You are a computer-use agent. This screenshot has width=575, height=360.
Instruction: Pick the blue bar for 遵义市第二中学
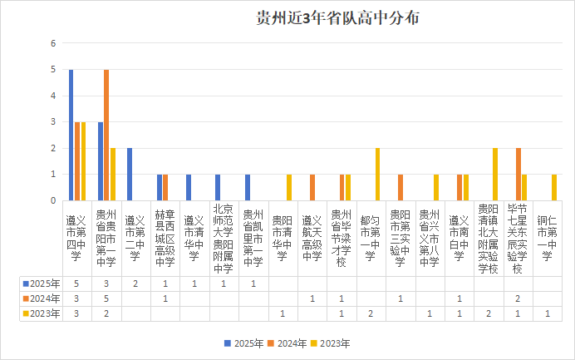[130, 174]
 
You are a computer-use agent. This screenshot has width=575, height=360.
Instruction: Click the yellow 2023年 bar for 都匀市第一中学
[377, 174]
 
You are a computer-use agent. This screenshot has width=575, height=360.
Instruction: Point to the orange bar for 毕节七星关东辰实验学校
[518, 174]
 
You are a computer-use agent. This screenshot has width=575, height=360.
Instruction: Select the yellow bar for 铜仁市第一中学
[554, 187]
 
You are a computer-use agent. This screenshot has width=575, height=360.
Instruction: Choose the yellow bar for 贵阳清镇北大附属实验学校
[495, 174]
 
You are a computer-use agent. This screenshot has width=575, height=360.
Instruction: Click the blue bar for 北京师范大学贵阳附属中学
[218, 187]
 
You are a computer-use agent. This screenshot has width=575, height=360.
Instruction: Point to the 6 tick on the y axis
[53, 43]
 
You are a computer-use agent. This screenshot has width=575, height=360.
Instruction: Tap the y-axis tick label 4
[53, 96]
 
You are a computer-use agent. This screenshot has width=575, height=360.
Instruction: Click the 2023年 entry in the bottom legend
[332, 343]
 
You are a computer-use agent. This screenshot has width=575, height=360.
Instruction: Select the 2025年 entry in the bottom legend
[246, 343]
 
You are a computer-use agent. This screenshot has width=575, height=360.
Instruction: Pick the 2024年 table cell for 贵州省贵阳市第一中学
[106, 298]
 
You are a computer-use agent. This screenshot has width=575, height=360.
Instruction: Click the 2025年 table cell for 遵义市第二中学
[135, 283]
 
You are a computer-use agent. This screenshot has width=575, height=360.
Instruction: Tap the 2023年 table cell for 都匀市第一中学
[371, 313]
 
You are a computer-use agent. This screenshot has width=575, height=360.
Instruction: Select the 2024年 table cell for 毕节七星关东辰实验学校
[518, 298]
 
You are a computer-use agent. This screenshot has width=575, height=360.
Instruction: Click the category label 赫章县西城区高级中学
[165, 238]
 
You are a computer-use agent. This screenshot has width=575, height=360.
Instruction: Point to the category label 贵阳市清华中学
[283, 238]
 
